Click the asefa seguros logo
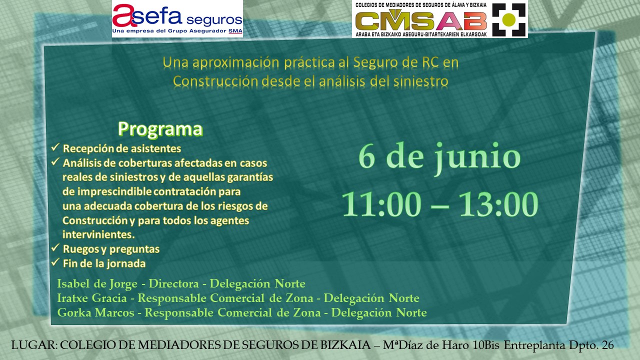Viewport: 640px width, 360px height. coord(177,19)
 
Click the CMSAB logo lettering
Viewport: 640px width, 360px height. coord(421,21)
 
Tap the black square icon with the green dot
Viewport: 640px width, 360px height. coord(508,19)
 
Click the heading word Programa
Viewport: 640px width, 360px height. coord(160,129)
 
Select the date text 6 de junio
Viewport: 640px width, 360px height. coord(439,157)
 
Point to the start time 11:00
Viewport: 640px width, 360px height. coord(381,204)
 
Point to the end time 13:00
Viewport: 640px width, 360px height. coord(499,204)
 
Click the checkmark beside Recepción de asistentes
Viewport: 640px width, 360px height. coord(55,147)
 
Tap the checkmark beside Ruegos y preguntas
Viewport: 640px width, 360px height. coord(55,247)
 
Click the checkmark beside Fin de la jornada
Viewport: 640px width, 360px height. coord(55,262)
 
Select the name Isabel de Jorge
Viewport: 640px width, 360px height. coord(97,283)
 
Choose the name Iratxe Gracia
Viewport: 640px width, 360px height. coord(92,298)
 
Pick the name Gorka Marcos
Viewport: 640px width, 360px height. coord(95,312)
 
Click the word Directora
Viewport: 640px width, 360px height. coord(173,283)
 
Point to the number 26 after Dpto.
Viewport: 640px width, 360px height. coord(607,345)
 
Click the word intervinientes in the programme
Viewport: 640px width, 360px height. coord(98,234)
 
